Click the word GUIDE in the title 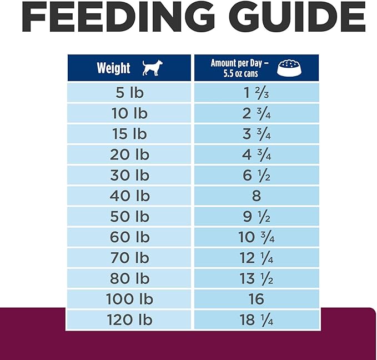[294, 18]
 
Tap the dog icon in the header [150, 68]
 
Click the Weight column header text [113, 68]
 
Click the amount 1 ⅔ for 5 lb [256, 93]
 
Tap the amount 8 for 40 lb [256, 196]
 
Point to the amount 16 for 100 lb [256, 299]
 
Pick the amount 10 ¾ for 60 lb [256, 237]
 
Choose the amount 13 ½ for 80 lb [256, 279]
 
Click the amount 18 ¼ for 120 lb [256, 320]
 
